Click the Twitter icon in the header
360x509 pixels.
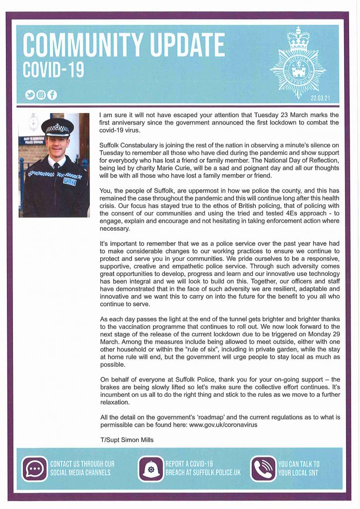point(30,95)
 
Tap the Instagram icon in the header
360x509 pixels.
point(41,95)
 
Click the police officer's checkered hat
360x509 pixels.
point(57,127)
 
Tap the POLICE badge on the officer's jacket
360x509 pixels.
point(70,182)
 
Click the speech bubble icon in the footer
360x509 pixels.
point(34,468)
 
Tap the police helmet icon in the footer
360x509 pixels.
point(150,469)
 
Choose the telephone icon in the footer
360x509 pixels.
point(263,468)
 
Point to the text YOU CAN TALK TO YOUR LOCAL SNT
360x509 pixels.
point(299,468)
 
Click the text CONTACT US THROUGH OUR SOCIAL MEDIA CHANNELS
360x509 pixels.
point(82,468)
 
